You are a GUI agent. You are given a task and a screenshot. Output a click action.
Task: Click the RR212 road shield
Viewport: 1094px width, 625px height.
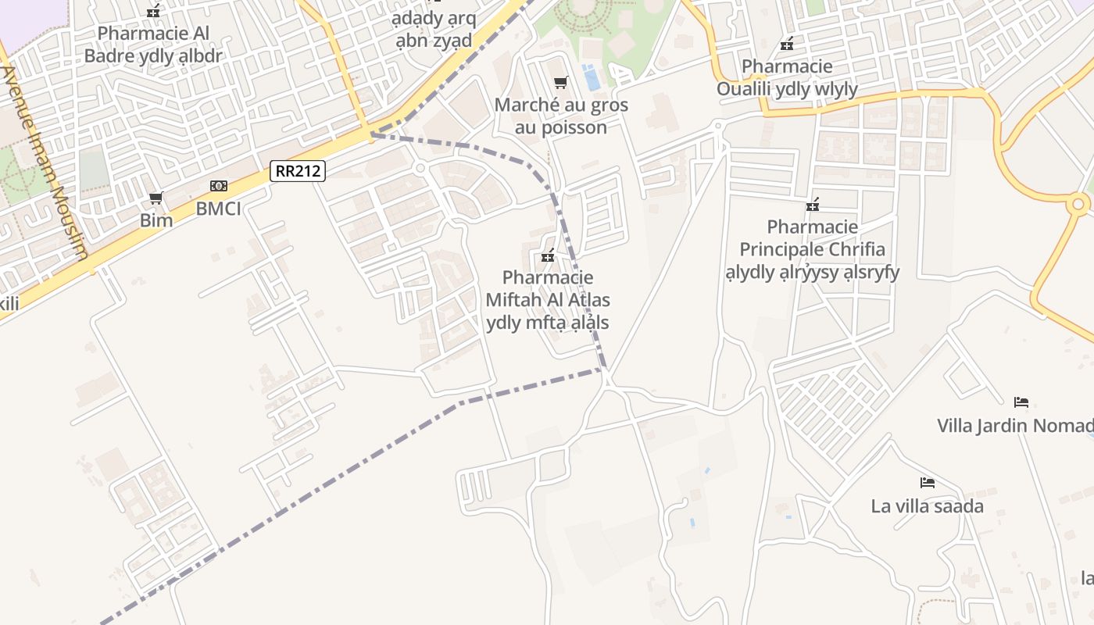coord(298,171)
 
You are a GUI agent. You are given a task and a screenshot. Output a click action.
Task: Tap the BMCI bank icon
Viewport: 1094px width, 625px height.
coord(219,186)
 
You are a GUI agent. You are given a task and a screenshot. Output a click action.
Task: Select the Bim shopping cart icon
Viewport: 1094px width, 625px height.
coord(156,198)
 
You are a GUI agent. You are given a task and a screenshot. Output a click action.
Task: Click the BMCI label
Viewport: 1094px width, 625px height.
coord(218,209)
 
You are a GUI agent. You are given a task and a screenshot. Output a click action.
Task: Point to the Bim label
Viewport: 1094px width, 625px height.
coord(156,220)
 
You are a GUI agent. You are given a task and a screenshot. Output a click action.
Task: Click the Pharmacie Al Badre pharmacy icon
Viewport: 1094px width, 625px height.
coord(154,11)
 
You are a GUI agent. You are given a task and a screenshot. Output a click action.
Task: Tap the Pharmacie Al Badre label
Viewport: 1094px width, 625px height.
coord(153,45)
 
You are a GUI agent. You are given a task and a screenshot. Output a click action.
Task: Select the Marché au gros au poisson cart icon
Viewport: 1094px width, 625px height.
coord(560,82)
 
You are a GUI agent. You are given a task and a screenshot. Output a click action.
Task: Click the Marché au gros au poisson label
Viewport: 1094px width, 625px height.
coord(561,116)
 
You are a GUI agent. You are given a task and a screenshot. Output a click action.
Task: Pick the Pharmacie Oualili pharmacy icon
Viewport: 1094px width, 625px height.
coord(787,44)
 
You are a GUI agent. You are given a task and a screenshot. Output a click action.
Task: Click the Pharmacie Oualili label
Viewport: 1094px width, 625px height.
coord(787,77)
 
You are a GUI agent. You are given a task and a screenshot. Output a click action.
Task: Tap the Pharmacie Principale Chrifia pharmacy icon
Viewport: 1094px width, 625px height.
coord(813,205)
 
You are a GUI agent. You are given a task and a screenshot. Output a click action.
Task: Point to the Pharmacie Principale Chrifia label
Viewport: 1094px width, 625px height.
coord(812,249)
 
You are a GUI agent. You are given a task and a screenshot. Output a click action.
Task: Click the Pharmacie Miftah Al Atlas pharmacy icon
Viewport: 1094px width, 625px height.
coord(548,255)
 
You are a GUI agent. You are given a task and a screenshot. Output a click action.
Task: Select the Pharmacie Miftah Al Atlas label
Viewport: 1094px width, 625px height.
coord(548,300)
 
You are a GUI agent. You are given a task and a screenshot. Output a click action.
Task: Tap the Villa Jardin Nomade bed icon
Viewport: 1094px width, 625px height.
coord(1021,402)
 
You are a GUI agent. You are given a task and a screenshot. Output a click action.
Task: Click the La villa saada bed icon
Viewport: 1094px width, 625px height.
coord(928,483)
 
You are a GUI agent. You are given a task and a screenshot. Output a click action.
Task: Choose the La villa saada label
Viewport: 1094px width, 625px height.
coord(927,506)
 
